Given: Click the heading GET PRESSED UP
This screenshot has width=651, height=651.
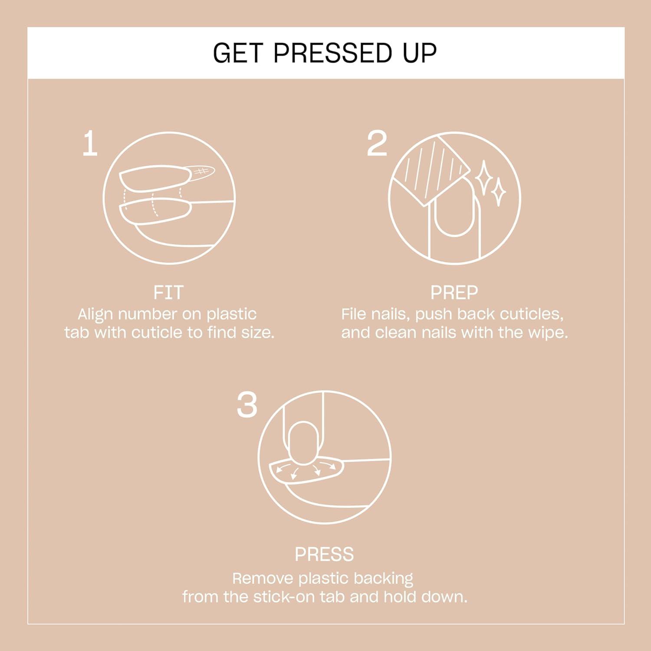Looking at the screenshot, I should [325, 53].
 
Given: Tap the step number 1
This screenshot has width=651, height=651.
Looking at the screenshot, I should [90, 144].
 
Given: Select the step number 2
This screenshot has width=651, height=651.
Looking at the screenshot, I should [376, 144].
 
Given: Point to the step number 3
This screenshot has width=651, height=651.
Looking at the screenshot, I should [247, 405].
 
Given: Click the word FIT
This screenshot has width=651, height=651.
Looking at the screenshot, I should [168, 293].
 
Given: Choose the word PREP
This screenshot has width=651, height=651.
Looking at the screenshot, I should [454, 293].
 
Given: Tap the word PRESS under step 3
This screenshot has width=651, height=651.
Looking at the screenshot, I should [324, 554].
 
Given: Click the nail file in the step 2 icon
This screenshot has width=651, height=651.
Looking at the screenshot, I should [430, 169].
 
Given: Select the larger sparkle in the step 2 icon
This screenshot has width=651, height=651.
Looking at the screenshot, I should [483, 178].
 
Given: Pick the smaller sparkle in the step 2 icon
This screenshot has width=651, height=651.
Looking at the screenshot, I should [499, 191].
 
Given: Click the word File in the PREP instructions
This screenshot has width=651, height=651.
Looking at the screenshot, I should [353, 314].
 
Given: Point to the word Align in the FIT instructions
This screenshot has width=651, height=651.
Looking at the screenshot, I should [95, 314].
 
